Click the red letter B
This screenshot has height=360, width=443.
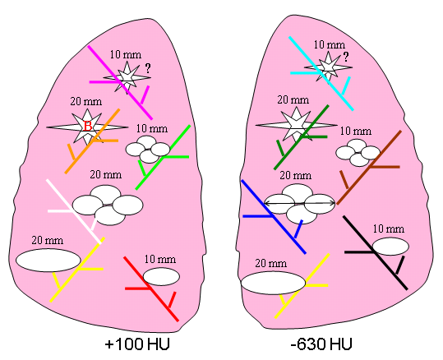[88, 127]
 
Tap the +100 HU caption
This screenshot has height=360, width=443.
[137, 344]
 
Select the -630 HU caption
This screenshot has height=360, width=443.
[321, 344]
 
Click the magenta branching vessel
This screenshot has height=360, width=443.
[120, 82]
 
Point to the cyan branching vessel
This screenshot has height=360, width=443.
[321, 73]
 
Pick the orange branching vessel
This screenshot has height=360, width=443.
[92, 141]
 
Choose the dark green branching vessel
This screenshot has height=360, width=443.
[302, 137]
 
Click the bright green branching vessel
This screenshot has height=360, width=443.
[163, 157]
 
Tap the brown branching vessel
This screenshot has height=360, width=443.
[369, 167]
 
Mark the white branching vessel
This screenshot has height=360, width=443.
[74, 211]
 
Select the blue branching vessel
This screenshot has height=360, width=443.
[273, 217]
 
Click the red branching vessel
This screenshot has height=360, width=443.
[151, 288]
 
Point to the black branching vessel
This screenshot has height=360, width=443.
[375, 252]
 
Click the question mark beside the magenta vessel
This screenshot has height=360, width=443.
[148, 68]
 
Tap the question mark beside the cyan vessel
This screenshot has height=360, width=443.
[346, 57]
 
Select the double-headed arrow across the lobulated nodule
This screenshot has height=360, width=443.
[299, 203]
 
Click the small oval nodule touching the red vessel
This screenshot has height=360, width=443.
[161, 277]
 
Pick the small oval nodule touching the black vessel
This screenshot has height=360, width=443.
[390, 247]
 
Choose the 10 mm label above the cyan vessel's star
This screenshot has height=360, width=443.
[330, 44]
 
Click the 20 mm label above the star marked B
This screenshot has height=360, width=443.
[86, 101]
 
